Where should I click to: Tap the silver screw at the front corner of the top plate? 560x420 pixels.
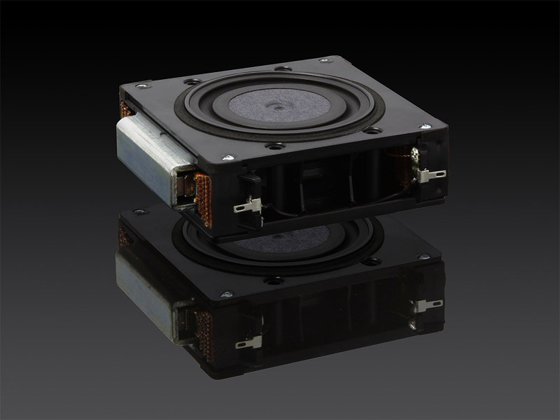pos(226,157)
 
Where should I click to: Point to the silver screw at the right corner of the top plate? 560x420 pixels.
pos(425,127)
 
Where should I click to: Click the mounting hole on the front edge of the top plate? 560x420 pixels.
pos(275,146)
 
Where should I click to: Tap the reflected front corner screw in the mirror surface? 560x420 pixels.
pos(226,294)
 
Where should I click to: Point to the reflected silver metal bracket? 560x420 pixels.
pos(147,280)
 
